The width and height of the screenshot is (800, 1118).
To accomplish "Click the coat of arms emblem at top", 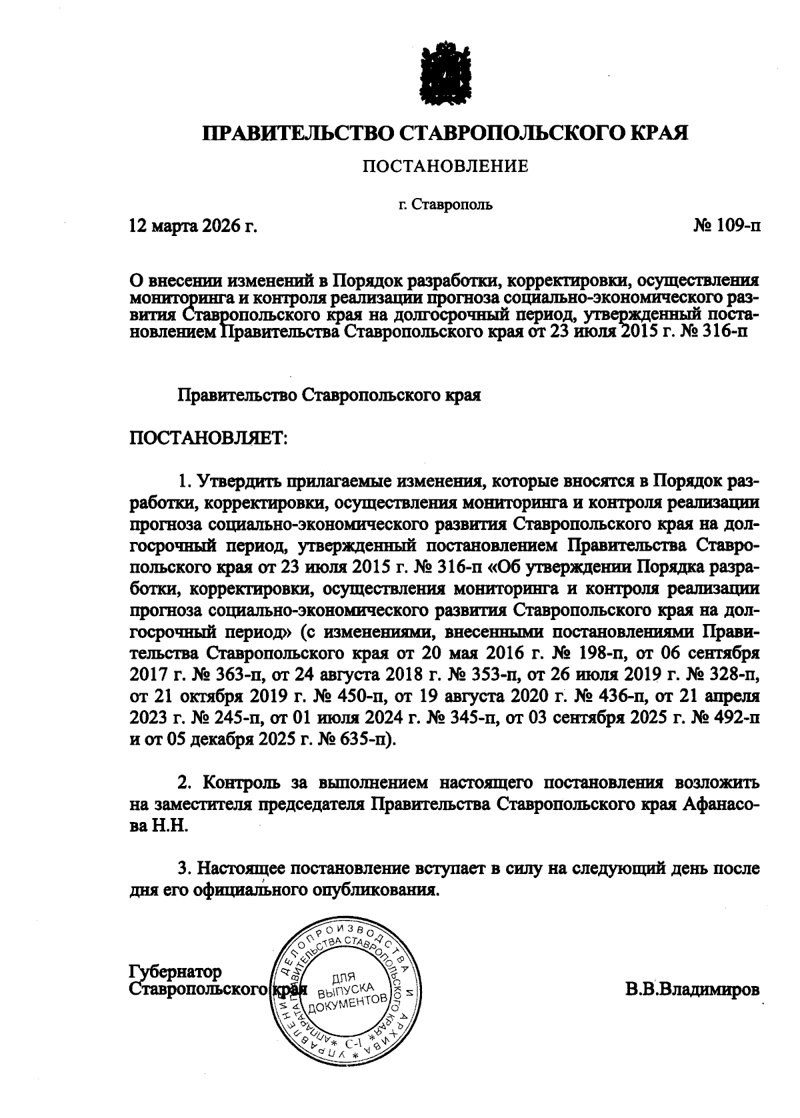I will (445, 71).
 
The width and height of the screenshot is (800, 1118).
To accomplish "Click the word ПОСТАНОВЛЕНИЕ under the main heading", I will (445, 166).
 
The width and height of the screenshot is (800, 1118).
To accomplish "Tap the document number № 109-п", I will (726, 227).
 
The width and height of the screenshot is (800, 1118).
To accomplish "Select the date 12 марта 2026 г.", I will (193, 227).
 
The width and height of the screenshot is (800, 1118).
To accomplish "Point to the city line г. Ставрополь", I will (445, 205).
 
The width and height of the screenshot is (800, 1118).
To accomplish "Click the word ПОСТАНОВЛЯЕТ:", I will (208, 438).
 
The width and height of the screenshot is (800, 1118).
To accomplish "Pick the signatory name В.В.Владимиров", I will (692, 989).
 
